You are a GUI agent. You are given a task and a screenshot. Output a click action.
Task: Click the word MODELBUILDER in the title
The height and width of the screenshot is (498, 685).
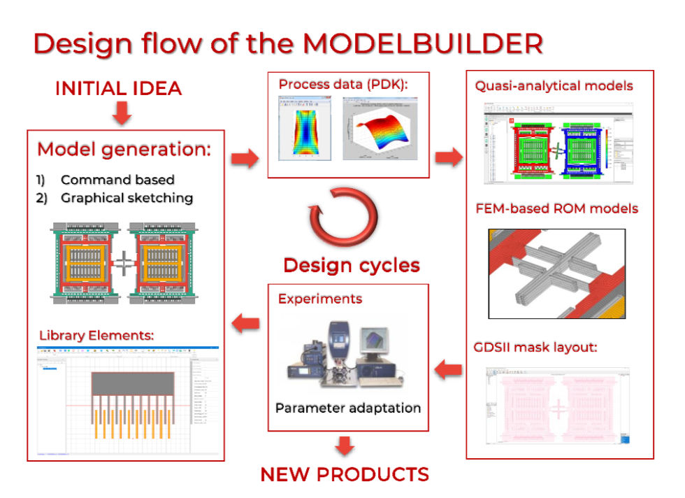422,43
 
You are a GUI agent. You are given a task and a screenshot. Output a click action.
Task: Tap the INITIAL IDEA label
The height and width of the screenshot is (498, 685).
118,89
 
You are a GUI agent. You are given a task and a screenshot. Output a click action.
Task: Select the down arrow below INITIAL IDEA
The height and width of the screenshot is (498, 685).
122,113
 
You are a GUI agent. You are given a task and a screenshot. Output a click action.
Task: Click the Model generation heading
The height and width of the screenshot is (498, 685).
124,149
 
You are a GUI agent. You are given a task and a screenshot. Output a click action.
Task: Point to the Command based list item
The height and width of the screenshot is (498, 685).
117,180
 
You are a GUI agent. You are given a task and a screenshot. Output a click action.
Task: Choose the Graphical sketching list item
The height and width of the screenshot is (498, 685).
127,198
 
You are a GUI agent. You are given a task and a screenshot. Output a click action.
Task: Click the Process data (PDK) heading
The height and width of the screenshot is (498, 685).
343,85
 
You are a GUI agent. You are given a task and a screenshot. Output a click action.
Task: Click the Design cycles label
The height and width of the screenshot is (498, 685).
351,266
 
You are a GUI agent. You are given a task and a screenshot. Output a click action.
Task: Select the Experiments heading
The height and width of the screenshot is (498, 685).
320,299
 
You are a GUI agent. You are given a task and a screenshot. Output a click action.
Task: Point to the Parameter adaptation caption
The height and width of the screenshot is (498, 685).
348,408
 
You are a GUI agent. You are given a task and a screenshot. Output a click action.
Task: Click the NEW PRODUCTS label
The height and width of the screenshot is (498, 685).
345,474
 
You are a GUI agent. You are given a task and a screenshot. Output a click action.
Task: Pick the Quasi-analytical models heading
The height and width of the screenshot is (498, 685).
554,86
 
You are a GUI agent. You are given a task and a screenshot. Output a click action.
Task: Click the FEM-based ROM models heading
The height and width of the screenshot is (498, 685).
556,208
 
